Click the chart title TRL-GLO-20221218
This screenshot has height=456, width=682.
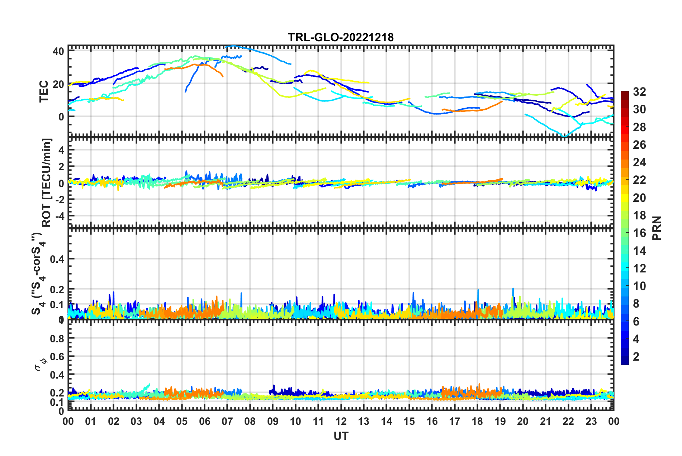coord(341,37)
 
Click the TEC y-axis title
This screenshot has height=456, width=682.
coord(44,91)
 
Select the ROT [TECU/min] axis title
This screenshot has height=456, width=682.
coord(47,182)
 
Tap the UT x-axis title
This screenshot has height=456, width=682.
coord(341,436)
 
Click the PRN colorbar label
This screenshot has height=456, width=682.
coord(657,228)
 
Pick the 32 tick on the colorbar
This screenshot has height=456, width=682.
coord(639,92)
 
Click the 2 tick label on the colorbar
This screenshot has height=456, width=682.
coord(636,357)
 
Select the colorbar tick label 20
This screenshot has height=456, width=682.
coord(639,198)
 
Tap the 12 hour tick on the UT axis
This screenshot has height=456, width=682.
coord(341,421)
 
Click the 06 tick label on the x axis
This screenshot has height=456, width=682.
coord(204,421)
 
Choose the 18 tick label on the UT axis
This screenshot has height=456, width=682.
coord(477,421)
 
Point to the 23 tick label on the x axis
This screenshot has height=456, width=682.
coord(591,421)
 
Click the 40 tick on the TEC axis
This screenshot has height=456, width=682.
coord(58,51)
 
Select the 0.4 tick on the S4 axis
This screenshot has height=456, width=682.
coord(57,259)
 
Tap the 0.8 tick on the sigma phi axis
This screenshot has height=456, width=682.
coord(57,338)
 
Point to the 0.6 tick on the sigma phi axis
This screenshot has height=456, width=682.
coord(57,357)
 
